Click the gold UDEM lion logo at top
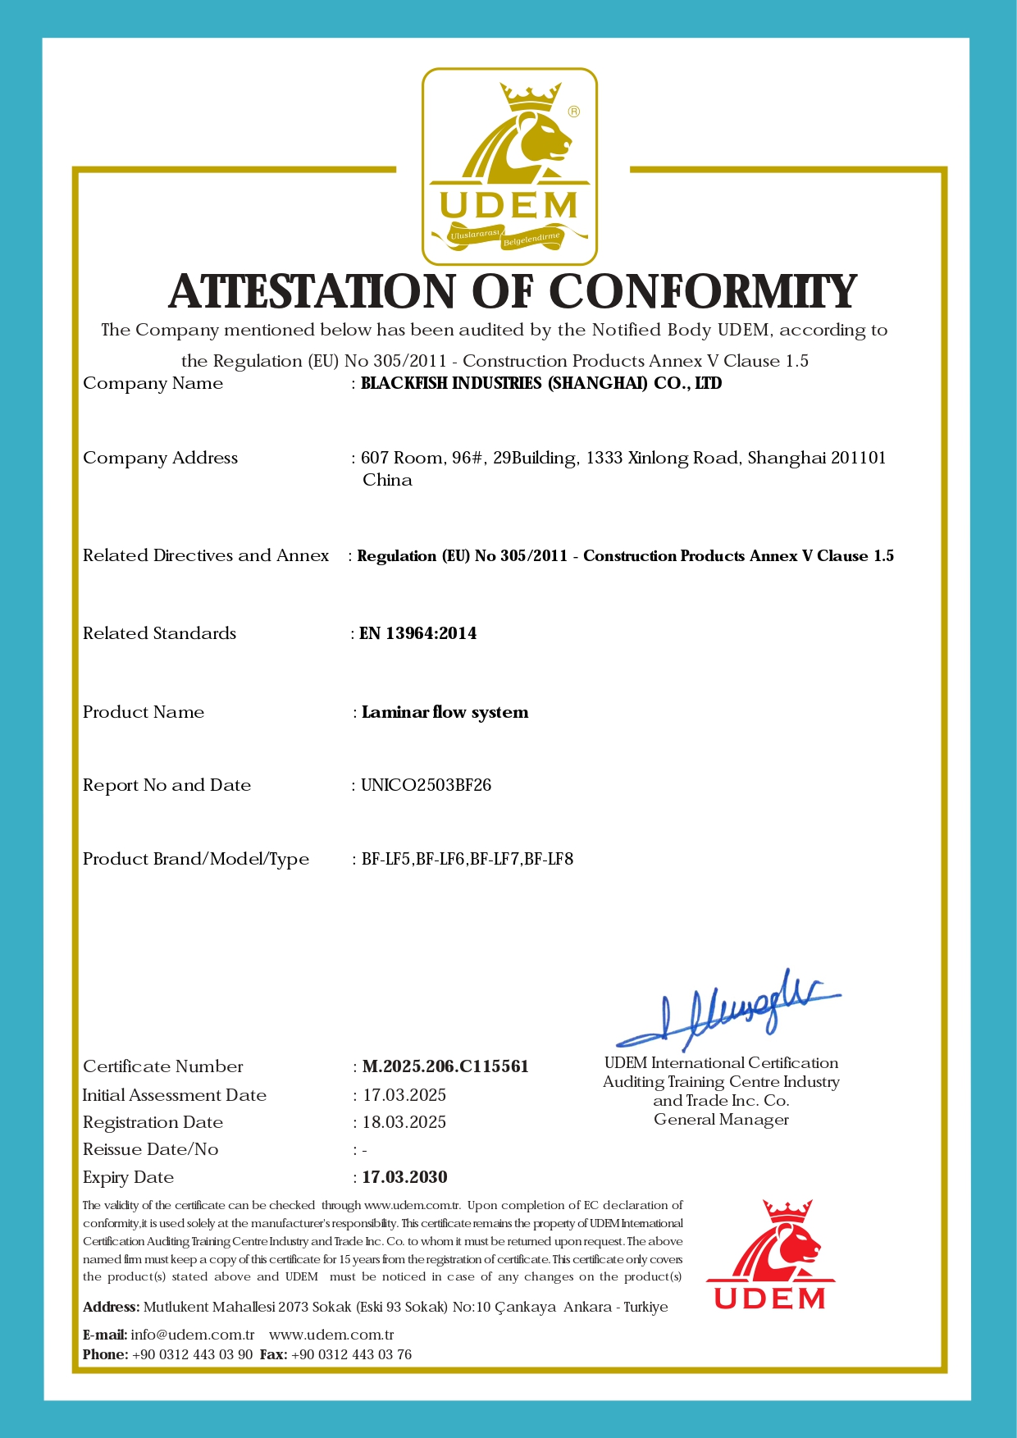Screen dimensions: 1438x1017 click(x=509, y=167)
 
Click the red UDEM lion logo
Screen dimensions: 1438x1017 click(x=770, y=1255)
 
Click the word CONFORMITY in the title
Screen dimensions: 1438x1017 click(x=702, y=292)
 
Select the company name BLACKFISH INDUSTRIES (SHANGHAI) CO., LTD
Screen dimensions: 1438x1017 click(x=541, y=383)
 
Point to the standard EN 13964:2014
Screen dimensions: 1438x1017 click(x=418, y=633)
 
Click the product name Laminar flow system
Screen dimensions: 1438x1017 click(x=445, y=712)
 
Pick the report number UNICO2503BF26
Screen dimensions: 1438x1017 click(x=426, y=785)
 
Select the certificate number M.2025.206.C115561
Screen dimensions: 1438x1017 click(x=445, y=1066)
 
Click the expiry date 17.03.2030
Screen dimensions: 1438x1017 click(x=405, y=1177)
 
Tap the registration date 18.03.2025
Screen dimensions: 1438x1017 click(x=404, y=1122)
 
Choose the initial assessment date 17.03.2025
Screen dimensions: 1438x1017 click(x=404, y=1095)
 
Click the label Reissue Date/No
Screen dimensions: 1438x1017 click(x=151, y=1149)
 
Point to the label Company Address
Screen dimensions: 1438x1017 click(x=161, y=458)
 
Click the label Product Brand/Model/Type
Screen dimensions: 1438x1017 click(x=196, y=859)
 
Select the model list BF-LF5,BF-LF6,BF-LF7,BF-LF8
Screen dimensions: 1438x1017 click(x=467, y=860)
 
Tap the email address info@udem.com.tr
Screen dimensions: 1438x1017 click(x=193, y=1335)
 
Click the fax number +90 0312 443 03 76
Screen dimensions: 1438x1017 click(x=352, y=1354)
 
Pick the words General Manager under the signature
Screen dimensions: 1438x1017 click(x=721, y=1120)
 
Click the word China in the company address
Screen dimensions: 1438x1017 click(x=387, y=480)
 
